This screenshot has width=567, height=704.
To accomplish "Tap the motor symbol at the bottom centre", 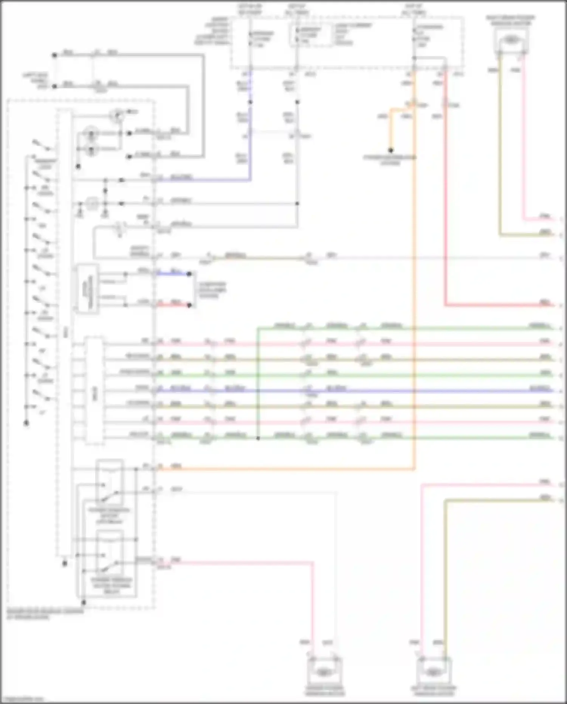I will pos(324,672).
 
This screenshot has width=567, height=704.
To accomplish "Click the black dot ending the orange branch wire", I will pos(391,151).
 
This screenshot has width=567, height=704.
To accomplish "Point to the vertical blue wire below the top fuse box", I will pos(250,125).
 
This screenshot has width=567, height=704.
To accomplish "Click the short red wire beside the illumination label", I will pos(174,305).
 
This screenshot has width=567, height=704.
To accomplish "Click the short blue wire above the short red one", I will pos(174,274).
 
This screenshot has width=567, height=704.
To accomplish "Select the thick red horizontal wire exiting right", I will pos(499,305).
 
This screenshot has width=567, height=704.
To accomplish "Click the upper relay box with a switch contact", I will pos(110,482).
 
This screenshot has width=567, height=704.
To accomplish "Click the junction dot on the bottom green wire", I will pos(258,438).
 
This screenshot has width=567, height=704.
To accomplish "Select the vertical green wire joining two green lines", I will pos(258,382).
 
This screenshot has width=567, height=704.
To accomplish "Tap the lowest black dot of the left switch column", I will pos(26,423).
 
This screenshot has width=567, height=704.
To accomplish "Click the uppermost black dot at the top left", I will pos(54,55).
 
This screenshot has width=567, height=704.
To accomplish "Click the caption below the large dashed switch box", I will pos(45,614).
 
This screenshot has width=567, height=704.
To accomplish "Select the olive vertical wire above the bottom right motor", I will pos(445,575).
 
